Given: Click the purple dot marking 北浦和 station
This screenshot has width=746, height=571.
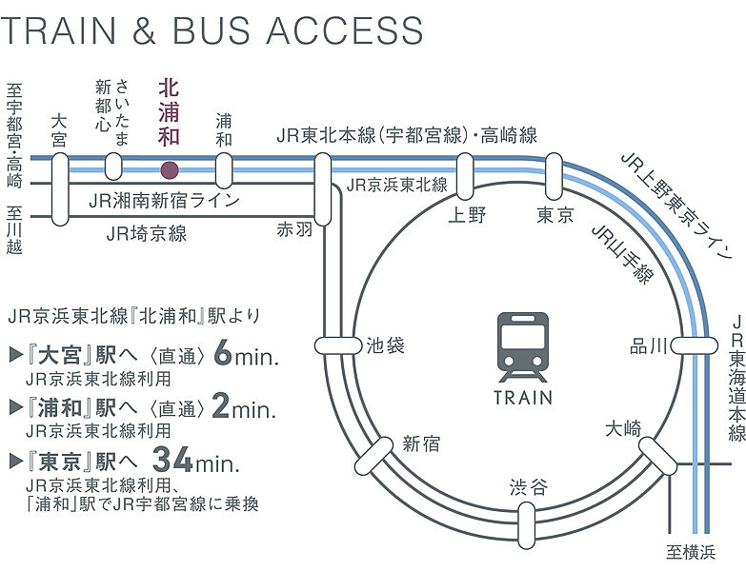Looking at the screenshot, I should (x=169, y=171).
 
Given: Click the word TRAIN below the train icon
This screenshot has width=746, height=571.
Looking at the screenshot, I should (x=522, y=396).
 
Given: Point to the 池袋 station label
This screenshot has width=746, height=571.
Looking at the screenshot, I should (x=385, y=345).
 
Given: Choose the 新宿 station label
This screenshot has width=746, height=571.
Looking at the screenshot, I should (x=421, y=442).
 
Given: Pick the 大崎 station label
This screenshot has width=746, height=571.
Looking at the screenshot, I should (x=624, y=429).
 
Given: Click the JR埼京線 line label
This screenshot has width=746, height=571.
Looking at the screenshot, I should (x=147, y=232).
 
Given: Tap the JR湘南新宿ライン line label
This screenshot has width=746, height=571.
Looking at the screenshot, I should (x=163, y=200).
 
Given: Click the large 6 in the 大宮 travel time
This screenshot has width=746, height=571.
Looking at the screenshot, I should (x=224, y=355).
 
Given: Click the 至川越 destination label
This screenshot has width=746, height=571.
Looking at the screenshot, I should (x=14, y=232).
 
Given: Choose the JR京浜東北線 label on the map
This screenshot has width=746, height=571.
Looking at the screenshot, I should (x=396, y=185).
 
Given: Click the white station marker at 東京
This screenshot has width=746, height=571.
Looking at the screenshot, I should (x=554, y=176).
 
